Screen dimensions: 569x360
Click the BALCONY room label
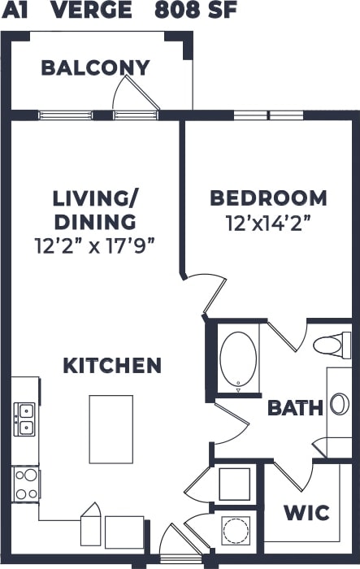coord(95,67)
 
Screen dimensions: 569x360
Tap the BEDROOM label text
coord(268,198)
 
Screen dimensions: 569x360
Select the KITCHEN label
coord(112,366)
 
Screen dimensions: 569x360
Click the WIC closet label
coord(306,513)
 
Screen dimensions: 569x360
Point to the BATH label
coord(295,407)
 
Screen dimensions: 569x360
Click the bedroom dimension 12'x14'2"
coord(268,222)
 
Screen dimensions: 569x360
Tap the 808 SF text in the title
coord(193,11)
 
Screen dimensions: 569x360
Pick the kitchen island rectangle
coord(111,428)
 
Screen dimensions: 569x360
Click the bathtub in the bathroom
coord(238,358)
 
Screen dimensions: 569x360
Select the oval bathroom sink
coord(339,404)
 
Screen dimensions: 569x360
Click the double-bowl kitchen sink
coord(25,419)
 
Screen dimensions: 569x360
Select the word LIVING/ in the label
coord(95,198)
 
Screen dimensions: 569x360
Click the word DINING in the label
coord(95,221)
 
